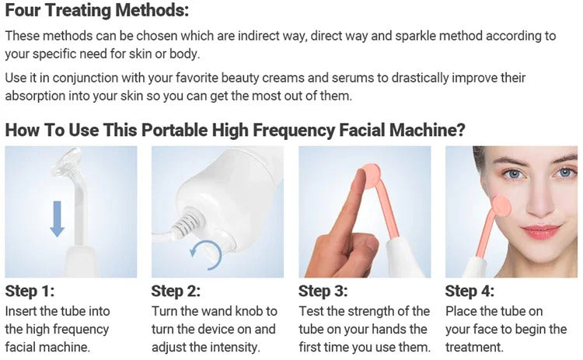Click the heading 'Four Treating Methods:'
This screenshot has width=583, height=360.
[x=96, y=12]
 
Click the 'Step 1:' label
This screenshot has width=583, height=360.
[x=30, y=292]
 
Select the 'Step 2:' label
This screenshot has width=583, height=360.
[x=176, y=292]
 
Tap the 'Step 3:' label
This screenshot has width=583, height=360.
[x=323, y=292]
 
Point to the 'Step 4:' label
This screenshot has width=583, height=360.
[x=470, y=292]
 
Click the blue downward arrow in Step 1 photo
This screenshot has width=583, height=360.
[x=57, y=218]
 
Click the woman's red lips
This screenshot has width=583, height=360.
[x=542, y=231]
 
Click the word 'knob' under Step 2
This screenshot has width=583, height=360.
[x=249, y=311]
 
